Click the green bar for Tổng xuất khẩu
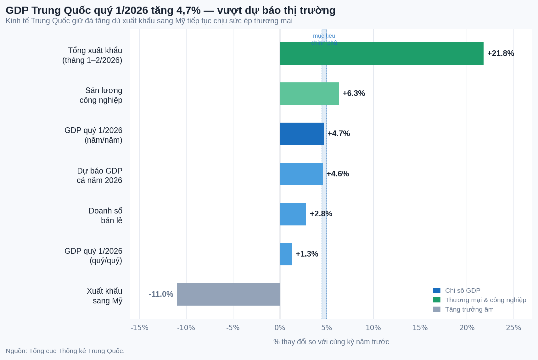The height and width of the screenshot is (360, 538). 381,53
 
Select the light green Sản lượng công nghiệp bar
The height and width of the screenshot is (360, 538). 309,94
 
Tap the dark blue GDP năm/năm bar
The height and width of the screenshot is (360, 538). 302,134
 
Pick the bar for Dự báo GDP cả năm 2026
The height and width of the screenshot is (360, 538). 301,174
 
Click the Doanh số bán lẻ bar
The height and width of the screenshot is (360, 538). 293,214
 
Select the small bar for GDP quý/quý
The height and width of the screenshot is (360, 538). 286,254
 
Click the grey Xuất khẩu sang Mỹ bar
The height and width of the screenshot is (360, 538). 228,294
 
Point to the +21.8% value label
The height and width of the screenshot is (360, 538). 500,53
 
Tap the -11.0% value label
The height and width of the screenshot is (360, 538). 161,294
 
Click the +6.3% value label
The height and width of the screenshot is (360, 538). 354,93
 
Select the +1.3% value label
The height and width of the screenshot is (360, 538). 307,254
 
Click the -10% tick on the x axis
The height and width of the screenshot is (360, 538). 186,328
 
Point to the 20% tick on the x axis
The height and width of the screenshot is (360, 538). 467,328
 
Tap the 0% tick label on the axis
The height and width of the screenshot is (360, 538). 280,328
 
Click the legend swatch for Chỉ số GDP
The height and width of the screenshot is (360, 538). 436,291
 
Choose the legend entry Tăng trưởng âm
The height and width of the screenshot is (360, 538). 469,309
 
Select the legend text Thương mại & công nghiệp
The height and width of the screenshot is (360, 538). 485,300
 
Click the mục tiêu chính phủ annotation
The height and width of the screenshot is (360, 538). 324,39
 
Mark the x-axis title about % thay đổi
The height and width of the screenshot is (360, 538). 331,342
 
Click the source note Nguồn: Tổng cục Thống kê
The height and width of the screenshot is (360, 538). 65,351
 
